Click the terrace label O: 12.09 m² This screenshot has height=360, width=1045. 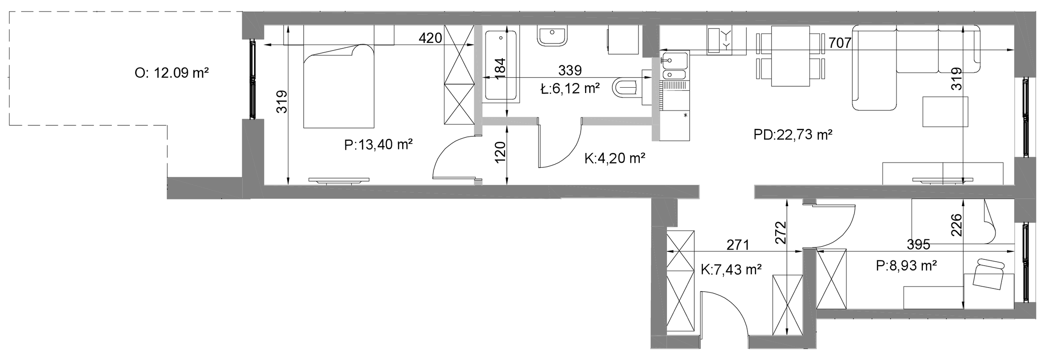click(172, 73)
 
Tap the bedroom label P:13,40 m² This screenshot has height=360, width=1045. click(378, 145)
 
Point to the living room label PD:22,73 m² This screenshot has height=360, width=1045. click(793, 135)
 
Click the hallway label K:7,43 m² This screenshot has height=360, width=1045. click(731, 269)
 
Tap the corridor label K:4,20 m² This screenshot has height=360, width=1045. click(615, 158)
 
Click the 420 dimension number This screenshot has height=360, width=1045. click(430, 38)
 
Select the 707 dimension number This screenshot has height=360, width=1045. click(840, 43)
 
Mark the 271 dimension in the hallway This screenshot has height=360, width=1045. click(737, 245)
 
